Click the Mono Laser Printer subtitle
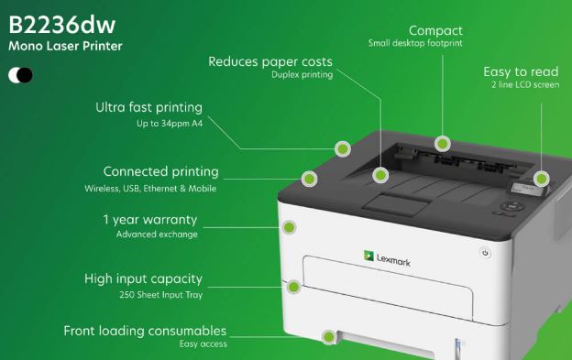pyautogui.click(x=65, y=45)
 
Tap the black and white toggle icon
pyautogui.click(x=20, y=75)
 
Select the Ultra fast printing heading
pyautogui.click(x=148, y=107)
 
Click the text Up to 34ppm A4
pyautogui.click(x=164, y=123)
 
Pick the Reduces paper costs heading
pyautogui.click(x=270, y=62)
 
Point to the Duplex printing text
pyautogui.click(x=302, y=76)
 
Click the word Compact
pyautogui.click(x=435, y=30)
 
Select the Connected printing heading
pyautogui.click(x=160, y=171)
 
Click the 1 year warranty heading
pyautogui.click(x=149, y=220)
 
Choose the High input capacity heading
pyautogui.click(x=143, y=278)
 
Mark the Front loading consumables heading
pyautogui.click(x=144, y=330)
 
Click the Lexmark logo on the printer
pyautogui.click(x=386, y=259)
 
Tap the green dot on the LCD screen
pyautogui.click(x=541, y=179)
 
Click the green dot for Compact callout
pyautogui.click(x=443, y=144)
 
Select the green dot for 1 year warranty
pyautogui.click(x=291, y=226)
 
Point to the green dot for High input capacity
pyautogui.click(x=293, y=287)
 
